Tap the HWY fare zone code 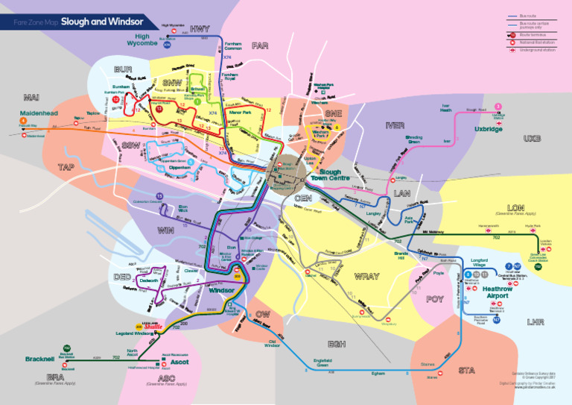click(x=200, y=29)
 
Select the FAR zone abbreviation click(x=260, y=46)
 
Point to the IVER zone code click(x=395, y=125)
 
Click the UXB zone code click(x=532, y=139)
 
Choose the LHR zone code click(x=535, y=322)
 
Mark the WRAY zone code click(x=366, y=277)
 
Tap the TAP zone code click(x=66, y=166)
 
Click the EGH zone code click(x=336, y=344)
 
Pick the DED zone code click(x=122, y=277)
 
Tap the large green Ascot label click(x=179, y=362)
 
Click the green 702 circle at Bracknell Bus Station click(x=67, y=348)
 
